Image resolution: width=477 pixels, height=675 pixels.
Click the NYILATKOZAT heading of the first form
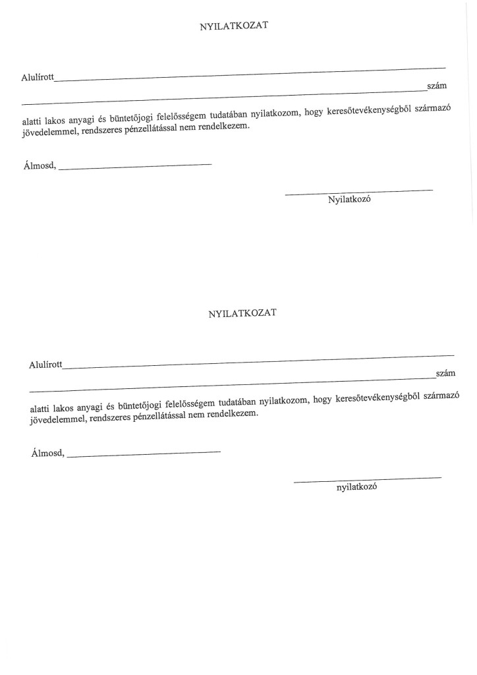tap(235, 27)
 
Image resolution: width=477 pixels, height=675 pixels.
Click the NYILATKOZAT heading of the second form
tap(242, 313)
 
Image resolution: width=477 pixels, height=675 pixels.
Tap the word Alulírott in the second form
tap(45, 365)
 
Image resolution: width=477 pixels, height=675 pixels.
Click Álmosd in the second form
tap(47, 453)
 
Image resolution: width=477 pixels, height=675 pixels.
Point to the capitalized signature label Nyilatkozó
tap(350, 200)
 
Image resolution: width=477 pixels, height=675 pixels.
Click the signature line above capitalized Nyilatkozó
tap(358, 192)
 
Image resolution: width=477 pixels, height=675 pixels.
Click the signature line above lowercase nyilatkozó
tap(367, 479)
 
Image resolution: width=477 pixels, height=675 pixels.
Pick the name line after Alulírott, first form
tap(250, 73)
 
